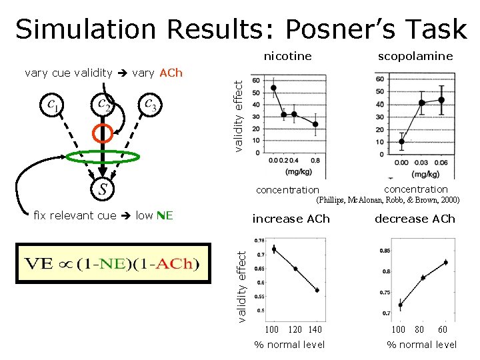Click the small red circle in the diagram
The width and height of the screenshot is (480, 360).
102,133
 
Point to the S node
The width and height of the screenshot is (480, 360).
102,189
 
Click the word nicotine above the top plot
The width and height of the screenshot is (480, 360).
287,56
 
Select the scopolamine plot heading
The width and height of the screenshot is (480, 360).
415,56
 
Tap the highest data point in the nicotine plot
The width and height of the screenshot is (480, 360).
273,87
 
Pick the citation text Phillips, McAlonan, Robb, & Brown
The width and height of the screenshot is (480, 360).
387,200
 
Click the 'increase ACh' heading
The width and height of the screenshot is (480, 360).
291,219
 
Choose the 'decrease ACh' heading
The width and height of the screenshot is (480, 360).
415,219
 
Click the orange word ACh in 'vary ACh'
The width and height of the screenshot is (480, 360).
170,73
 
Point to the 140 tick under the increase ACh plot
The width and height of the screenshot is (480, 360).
315,329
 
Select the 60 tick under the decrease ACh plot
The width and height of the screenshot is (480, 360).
443,329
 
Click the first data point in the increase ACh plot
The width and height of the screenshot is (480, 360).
273,249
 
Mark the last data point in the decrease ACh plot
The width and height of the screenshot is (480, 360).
445,262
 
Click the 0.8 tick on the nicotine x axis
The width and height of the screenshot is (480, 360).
315,161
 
